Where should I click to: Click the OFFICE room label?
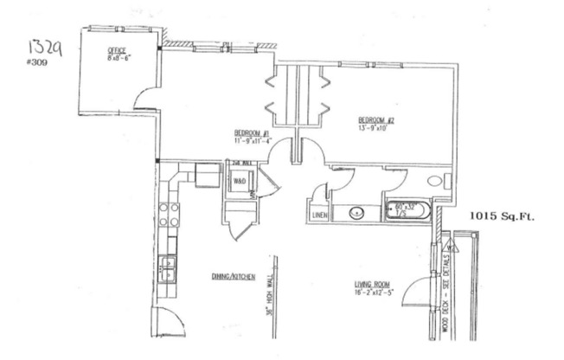(117, 50)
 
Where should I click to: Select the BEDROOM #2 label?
(376, 119)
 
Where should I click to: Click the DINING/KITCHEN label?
(234, 276)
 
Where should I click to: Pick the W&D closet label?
(240, 181)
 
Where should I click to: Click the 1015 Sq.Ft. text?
(502, 216)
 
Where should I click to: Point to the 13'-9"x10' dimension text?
(375, 128)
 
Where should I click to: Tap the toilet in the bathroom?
(435, 181)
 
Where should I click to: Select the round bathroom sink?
(354, 212)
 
